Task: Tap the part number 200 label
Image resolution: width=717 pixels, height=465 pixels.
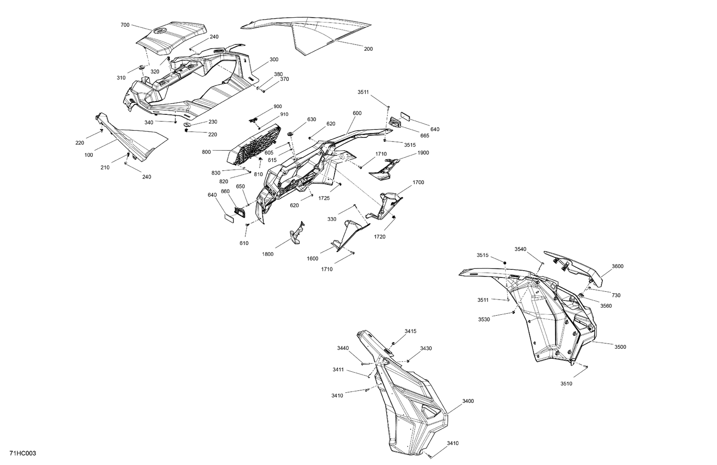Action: pyautogui.click(x=368, y=49)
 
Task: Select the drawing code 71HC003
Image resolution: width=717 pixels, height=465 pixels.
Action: pyautogui.click(x=22, y=453)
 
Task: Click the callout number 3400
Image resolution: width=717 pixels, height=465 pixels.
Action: pyautogui.click(x=468, y=401)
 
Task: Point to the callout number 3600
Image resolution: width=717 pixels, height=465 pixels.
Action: pyautogui.click(x=617, y=266)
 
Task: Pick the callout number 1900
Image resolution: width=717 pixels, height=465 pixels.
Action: pyautogui.click(x=423, y=153)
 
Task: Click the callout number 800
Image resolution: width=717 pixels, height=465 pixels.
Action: pyautogui.click(x=206, y=152)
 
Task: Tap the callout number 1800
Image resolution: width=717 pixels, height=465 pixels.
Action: pyautogui.click(x=268, y=254)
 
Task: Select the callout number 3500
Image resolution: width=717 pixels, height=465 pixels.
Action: pyautogui.click(x=620, y=347)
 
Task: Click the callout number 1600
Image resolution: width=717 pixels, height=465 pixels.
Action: pyautogui.click(x=312, y=258)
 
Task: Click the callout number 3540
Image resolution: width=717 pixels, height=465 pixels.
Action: pyautogui.click(x=521, y=249)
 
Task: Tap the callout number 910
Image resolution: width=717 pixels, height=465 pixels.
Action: pyautogui.click(x=284, y=114)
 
